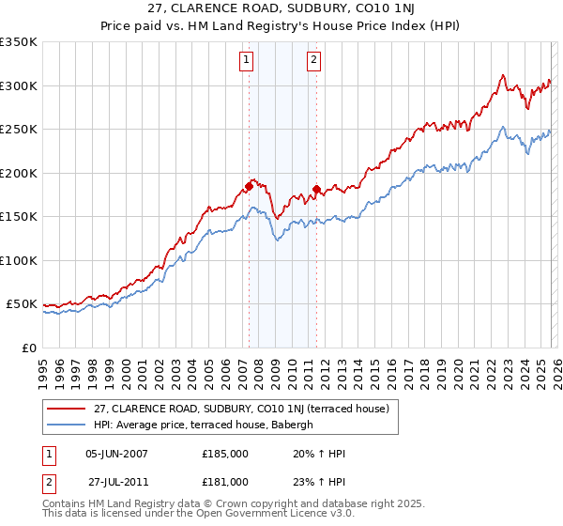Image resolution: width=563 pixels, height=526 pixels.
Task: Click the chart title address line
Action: (281, 7)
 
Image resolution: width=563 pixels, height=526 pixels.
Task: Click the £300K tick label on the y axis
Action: (19, 85)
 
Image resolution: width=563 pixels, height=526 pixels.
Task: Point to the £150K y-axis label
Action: (19, 217)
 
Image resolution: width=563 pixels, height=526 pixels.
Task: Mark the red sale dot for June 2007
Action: (249, 186)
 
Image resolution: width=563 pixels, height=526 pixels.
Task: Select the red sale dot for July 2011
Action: (317, 190)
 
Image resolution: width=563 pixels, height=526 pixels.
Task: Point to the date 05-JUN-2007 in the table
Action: (116, 454)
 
